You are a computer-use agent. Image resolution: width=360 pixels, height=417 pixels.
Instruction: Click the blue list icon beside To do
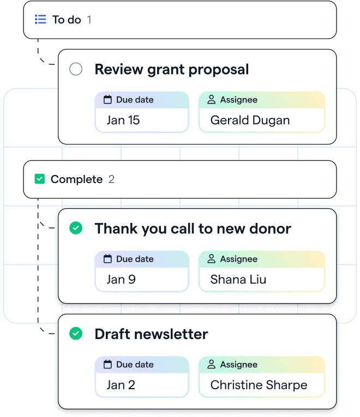(x=40, y=20)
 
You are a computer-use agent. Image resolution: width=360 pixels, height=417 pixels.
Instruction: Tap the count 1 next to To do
(x=89, y=20)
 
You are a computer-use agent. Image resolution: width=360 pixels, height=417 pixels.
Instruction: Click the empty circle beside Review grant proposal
(x=76, y=69)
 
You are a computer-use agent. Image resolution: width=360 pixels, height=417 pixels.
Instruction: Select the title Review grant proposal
(x=172, y=70)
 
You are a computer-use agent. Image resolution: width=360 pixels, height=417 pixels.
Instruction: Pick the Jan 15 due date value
(x=123, y=120)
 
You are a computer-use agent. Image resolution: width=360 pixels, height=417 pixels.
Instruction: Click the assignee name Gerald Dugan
(x=250, y=120)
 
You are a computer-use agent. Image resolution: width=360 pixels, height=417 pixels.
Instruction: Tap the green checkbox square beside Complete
(x=40, y=179)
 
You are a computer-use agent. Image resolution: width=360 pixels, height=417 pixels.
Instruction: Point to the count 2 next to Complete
(x=111, y=179)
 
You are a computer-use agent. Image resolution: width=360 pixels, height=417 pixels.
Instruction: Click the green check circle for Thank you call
(x=76, y=228)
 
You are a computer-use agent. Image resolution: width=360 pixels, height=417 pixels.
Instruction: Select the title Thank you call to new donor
(x=193, y=229)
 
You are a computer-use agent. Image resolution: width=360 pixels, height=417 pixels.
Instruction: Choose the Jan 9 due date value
(x=121, y=280)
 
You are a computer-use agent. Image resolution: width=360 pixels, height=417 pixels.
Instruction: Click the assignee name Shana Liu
(x=238, y=280)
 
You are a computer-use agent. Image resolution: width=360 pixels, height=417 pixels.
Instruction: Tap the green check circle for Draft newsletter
(x=76, y=334)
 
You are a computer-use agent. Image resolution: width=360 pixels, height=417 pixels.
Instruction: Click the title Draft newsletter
(x=151, y=334)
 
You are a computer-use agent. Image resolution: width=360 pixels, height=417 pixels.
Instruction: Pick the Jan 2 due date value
(x=121, y=385)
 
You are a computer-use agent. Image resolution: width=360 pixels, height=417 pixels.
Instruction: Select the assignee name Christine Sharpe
(x=259, y=385)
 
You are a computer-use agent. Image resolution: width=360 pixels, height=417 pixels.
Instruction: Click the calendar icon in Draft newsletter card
(x=107, y=364)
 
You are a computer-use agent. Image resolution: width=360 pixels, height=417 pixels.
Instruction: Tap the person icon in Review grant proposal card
(x=211, y=99)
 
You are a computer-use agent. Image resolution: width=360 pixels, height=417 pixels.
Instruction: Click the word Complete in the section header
(x=76, y=179)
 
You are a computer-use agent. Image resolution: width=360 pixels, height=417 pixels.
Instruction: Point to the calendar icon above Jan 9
(x=107, y=258)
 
